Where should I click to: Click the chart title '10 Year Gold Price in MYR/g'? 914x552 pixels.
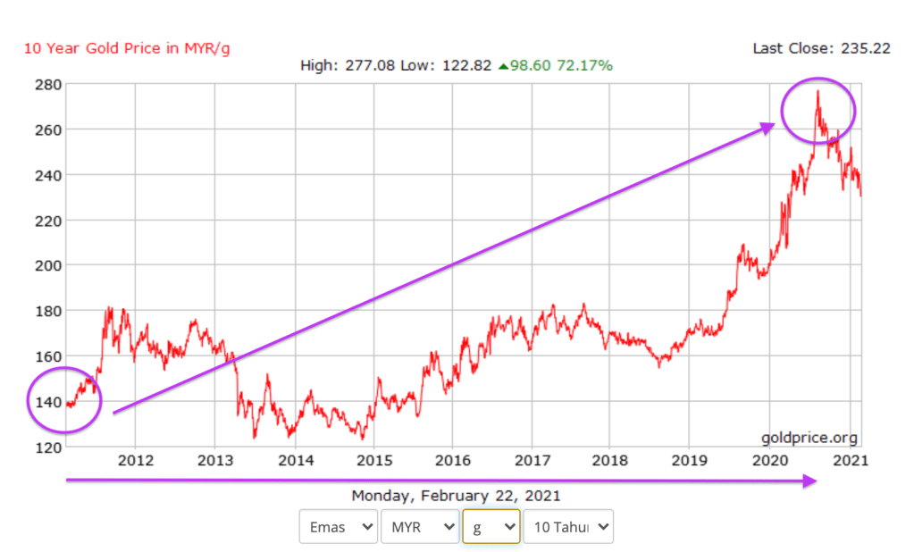(126, 48)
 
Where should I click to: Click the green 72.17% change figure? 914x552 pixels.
(585, 66)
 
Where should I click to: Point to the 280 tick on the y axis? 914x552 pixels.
(47, 85)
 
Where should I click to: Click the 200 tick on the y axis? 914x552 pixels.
(47, 265)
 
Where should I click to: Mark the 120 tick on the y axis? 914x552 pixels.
(47, 447)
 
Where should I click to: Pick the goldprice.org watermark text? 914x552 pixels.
(809, 438)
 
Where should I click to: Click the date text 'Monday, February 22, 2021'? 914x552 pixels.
(456, 496)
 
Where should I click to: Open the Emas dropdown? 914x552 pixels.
(338, 527)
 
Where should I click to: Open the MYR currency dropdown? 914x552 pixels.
(419, 527)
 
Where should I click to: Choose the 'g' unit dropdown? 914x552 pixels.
(491, 527)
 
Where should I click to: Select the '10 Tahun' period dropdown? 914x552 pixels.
(568, 527)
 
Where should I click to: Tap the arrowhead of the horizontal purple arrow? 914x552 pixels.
(809, 481)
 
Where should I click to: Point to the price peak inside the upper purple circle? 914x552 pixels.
(817, 91)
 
